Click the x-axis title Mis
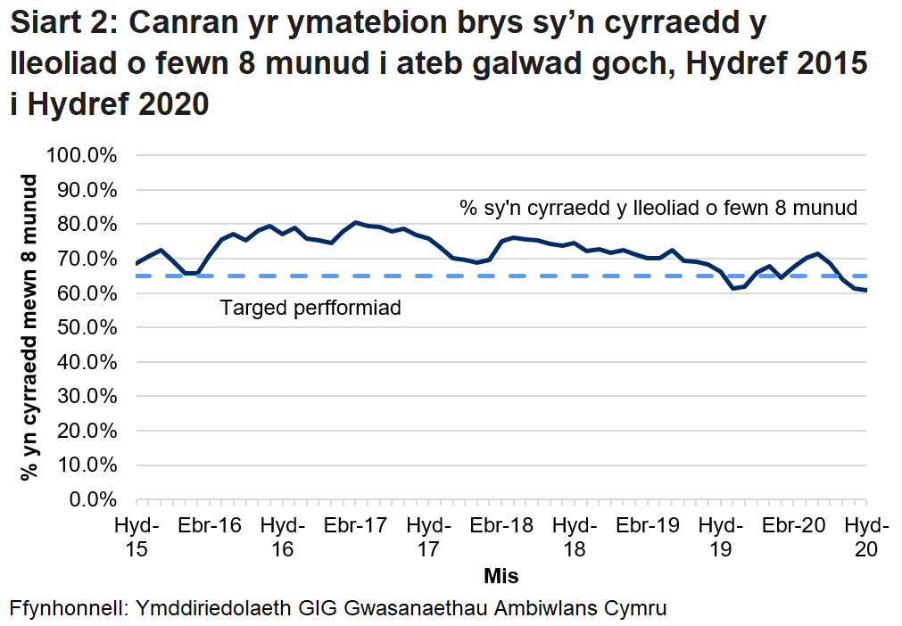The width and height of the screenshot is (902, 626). tap(501, 575)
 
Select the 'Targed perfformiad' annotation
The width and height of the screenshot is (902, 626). tap(310, 309)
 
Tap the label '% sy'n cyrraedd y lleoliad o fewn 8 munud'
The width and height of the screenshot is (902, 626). tap(658, 209)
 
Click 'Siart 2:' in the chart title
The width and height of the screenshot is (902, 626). tap(64, 25)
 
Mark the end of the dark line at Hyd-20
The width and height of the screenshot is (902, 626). tap(865, 290)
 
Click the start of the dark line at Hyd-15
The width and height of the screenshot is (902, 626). tap(137, 263)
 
